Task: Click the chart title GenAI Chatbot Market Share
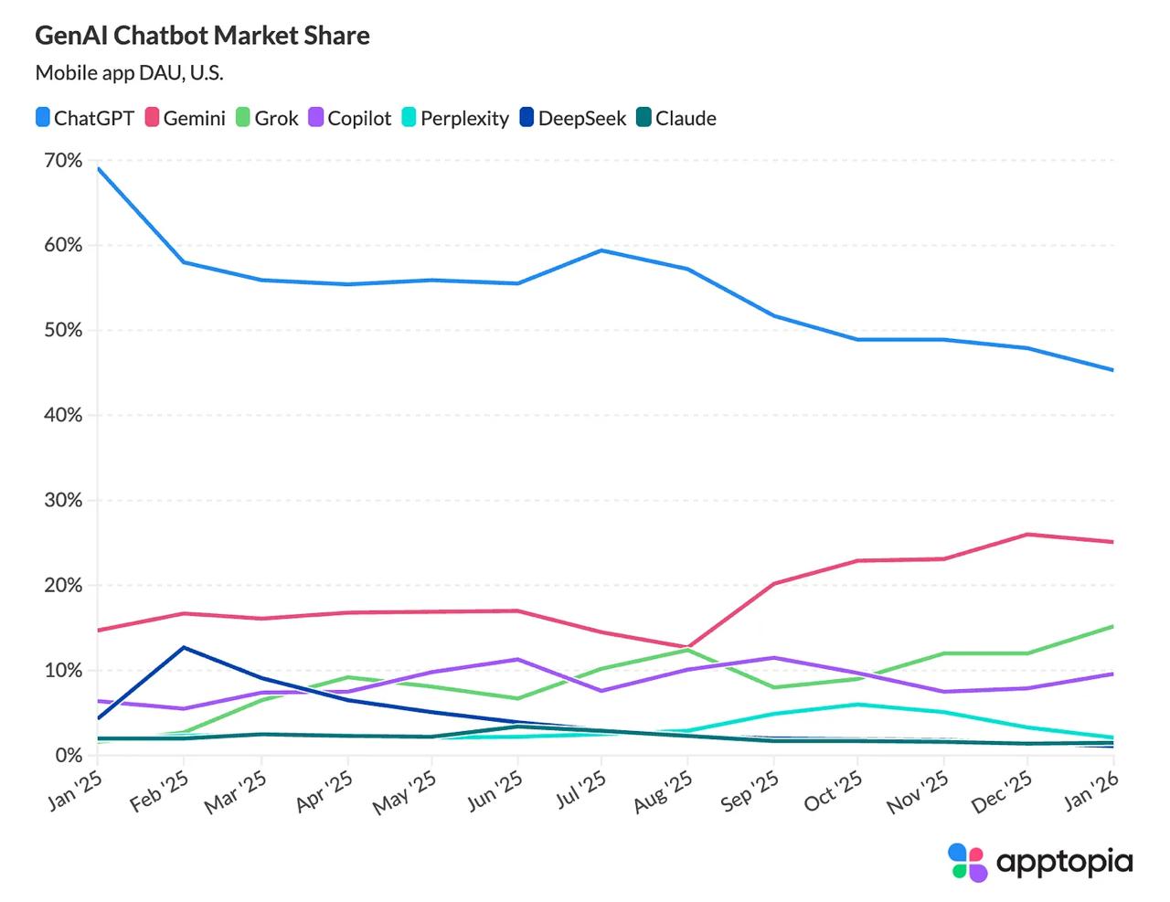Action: (x=202, y=36)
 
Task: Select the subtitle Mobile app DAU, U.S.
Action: (x=129, y=73)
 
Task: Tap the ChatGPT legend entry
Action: (x=85, y=118)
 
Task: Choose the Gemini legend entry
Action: (x=186, y=118)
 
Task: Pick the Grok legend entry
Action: (x=267, y=118)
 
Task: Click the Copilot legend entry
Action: (x=350, y=118)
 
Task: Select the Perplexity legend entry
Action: (x=455, y=118)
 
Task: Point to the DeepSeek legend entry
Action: (x=573, y=118)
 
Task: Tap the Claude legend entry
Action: (x=676, y=118)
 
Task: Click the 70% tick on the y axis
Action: (x=62, y=161)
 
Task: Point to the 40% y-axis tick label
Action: (x=62, y=415)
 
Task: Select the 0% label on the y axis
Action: (x=68, y=756)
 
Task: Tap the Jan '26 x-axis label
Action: (x=1092, y=789)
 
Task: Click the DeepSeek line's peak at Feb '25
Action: (x=185, y=647)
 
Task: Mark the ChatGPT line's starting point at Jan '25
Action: (x=98, y=169)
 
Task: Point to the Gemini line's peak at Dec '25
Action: (x=1028, y=534)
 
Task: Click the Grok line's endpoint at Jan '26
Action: (x=1112, y=626)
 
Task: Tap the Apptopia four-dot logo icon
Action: (x=968, y=862)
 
